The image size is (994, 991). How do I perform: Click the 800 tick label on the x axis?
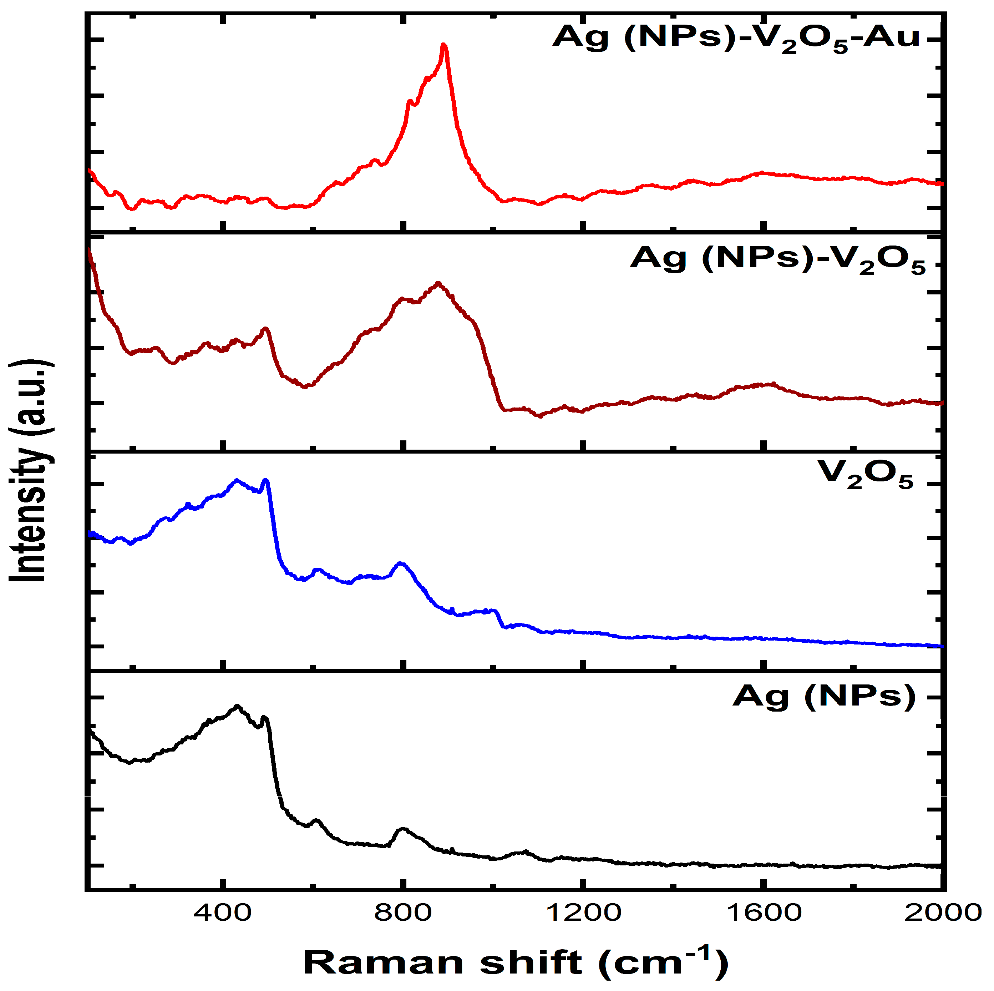(403, 913)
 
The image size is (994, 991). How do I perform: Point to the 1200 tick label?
(583, 913)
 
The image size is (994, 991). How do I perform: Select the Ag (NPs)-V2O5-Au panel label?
(736, 39)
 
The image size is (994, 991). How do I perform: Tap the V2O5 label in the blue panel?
(865, 474)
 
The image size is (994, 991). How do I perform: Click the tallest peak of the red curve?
(443, 45)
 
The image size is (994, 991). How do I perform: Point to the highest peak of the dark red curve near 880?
(438, 283)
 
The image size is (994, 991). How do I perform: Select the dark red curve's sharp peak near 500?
(265, 328)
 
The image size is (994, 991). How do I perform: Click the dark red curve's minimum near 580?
(306, 386)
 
